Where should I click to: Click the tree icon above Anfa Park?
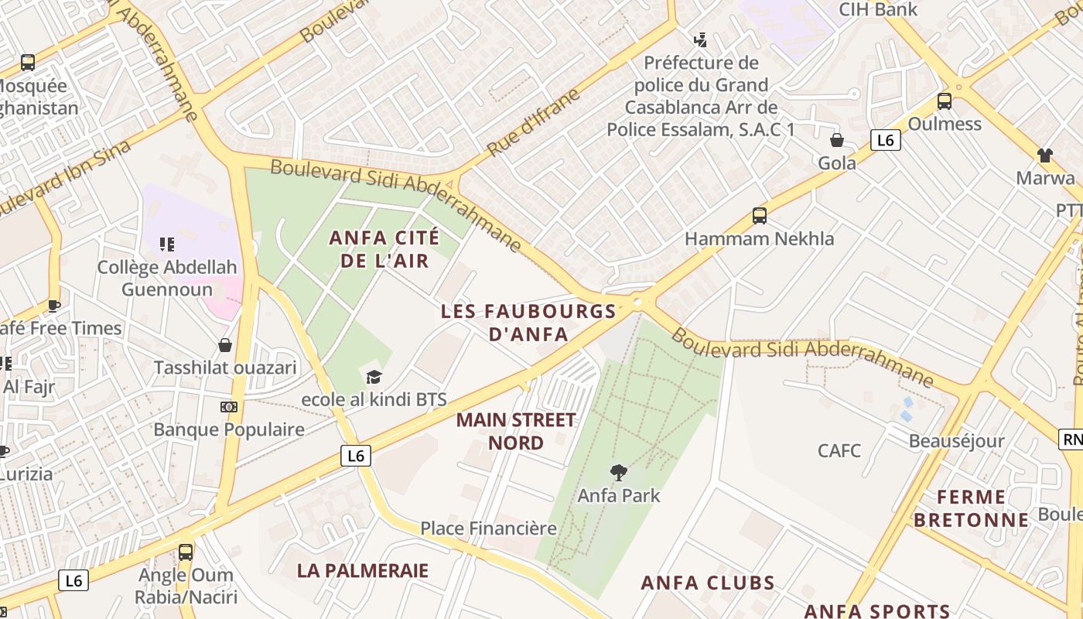coord(618,472)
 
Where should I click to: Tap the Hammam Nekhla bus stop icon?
coord(760,216)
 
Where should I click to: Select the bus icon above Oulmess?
coord(944,101)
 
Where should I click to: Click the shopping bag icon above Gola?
coord(837,140)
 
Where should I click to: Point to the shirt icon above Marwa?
coord(1045,156)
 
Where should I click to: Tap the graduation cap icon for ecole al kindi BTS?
coord(374,377)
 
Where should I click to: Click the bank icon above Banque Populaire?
coord(229,406)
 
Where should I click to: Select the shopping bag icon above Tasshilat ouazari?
coord(225,345)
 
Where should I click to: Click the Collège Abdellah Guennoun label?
coord(167,279)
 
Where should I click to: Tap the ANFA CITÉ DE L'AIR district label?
coord(384,248)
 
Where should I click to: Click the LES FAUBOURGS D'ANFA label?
coord(529,323)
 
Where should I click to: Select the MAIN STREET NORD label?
coord(516,432)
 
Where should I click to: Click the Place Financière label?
coord(488,528)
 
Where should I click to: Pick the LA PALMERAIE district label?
coord(363,571)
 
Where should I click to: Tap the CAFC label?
coord(839,450)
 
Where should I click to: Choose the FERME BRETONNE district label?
coord(972,508)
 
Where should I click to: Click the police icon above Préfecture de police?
coord(701,40)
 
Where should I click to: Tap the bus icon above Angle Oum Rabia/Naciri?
coord(186,552)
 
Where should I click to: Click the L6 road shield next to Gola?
coord(886,140)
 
